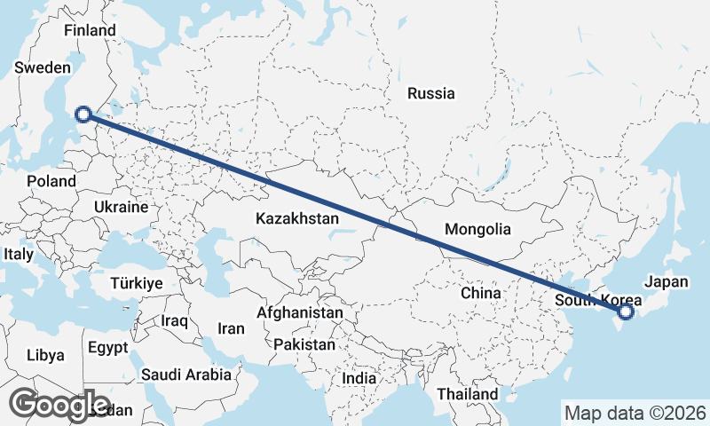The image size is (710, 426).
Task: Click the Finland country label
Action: pos(90,30)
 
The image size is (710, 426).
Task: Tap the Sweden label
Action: pos(42,67)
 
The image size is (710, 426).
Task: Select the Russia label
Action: pos(430,93)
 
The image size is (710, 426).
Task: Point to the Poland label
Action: pos(51,181)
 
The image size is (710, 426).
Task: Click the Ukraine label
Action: pos(120,207)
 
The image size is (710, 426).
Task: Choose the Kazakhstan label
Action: pos(297,218)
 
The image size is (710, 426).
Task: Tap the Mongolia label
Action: pos(477,229)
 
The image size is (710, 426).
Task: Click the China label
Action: pos(482,292)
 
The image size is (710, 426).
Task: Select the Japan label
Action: pos(666,281)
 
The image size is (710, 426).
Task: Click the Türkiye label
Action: pos(136,284)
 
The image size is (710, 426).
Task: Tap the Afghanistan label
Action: pos(299,313)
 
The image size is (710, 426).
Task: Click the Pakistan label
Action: pos(304,344)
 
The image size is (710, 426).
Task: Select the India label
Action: pos(359,378)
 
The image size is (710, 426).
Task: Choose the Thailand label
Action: pos(468,393)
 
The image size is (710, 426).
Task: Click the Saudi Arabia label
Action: pos(185,375)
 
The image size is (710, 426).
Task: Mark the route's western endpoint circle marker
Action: pos(83,114)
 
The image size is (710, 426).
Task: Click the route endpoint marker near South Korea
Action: pos(626,312)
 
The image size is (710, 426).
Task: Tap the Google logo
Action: pos(59,405)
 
